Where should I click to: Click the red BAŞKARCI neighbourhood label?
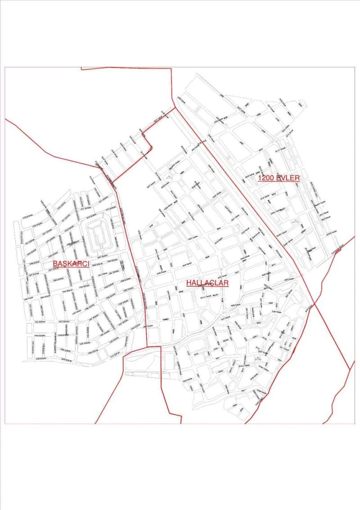click(71, 263)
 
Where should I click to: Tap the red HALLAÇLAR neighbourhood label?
click(208, 283)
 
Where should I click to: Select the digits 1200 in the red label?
click(266, 178)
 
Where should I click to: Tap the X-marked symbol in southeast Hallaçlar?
click(257, 358)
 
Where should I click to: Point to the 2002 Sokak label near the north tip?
click(180, 99)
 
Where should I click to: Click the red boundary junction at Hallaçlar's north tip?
click(175, 108)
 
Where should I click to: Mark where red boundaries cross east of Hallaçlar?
click(314, 304)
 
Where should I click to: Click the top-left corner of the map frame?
click(5, 67)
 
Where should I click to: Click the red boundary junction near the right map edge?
click(350, 369)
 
